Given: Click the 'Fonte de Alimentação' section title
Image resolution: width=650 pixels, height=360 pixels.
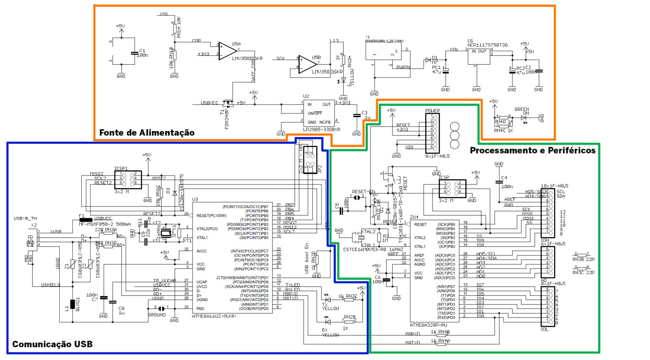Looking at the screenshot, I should pyautogui.click(x=147, y=133).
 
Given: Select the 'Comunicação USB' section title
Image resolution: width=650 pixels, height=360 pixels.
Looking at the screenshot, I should pyautogui.click(x=52, y=344).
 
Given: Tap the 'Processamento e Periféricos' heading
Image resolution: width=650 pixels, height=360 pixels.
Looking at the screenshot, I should pyautogui.click(x=532, y=151).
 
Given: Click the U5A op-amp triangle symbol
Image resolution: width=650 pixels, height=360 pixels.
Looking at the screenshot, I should pyautogui.click(x=227, y=50).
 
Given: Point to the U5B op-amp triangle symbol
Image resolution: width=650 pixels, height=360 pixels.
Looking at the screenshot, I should pyautogui.click(x=307, y=64).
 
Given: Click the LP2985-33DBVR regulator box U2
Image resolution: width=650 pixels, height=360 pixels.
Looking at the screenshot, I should pyautogui.click(x=319, y=113).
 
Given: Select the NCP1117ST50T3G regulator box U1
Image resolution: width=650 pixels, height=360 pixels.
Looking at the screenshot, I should pyautogui.click(x=479, y=56).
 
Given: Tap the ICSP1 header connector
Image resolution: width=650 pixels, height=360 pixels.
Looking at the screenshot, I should pyautogui.click(x=128, y=180).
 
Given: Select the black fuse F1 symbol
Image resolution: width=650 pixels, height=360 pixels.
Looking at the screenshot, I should pyautogui.click(x=86, y=220).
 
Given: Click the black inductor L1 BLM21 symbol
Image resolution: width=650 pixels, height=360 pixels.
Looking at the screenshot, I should pyautogui.click(x=73, y=304).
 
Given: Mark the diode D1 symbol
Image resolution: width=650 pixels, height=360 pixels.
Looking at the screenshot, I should pyautogui.click(x=427, y=60).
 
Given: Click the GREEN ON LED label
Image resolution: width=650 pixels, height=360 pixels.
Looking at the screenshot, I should pyautogui.click(x=522, y=111).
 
